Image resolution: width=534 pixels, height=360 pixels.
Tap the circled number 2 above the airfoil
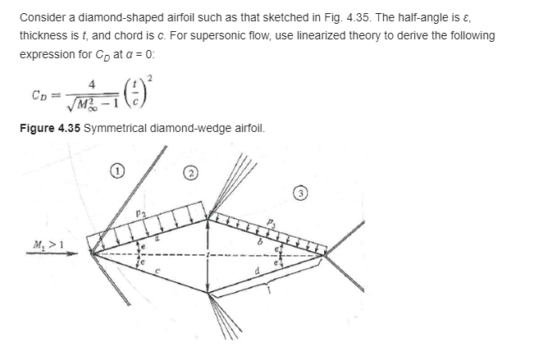point(189,175)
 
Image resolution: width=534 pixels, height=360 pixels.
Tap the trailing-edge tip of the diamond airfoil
point(326,253)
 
